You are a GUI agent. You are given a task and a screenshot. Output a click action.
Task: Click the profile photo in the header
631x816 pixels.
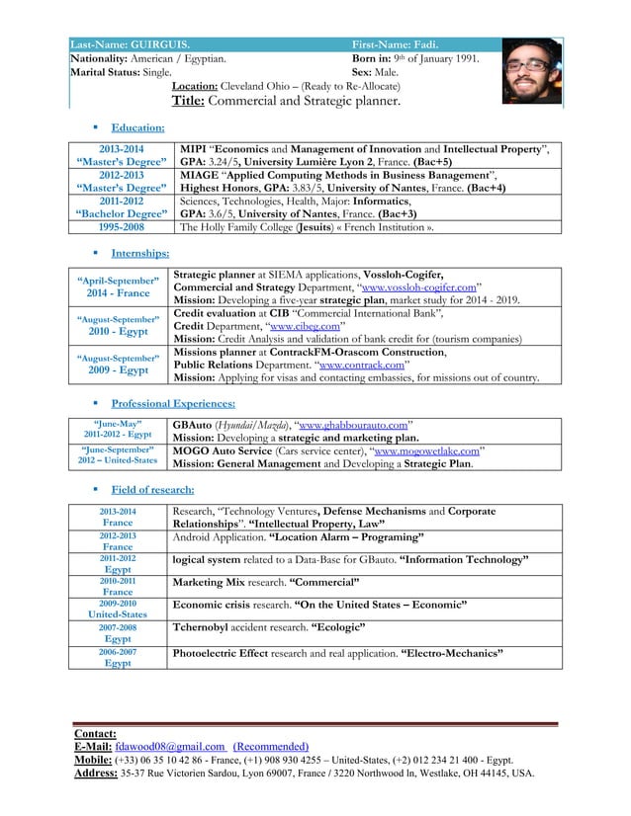532,72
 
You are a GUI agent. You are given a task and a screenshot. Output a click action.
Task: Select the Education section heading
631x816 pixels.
137,127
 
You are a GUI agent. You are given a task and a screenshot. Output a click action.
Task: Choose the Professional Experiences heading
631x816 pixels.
173,404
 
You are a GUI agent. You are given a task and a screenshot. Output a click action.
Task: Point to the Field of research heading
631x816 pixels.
152,490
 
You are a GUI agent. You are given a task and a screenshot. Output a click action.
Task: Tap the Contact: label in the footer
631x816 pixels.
95,733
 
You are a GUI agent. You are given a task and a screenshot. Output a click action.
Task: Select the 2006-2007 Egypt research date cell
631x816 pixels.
118,658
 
